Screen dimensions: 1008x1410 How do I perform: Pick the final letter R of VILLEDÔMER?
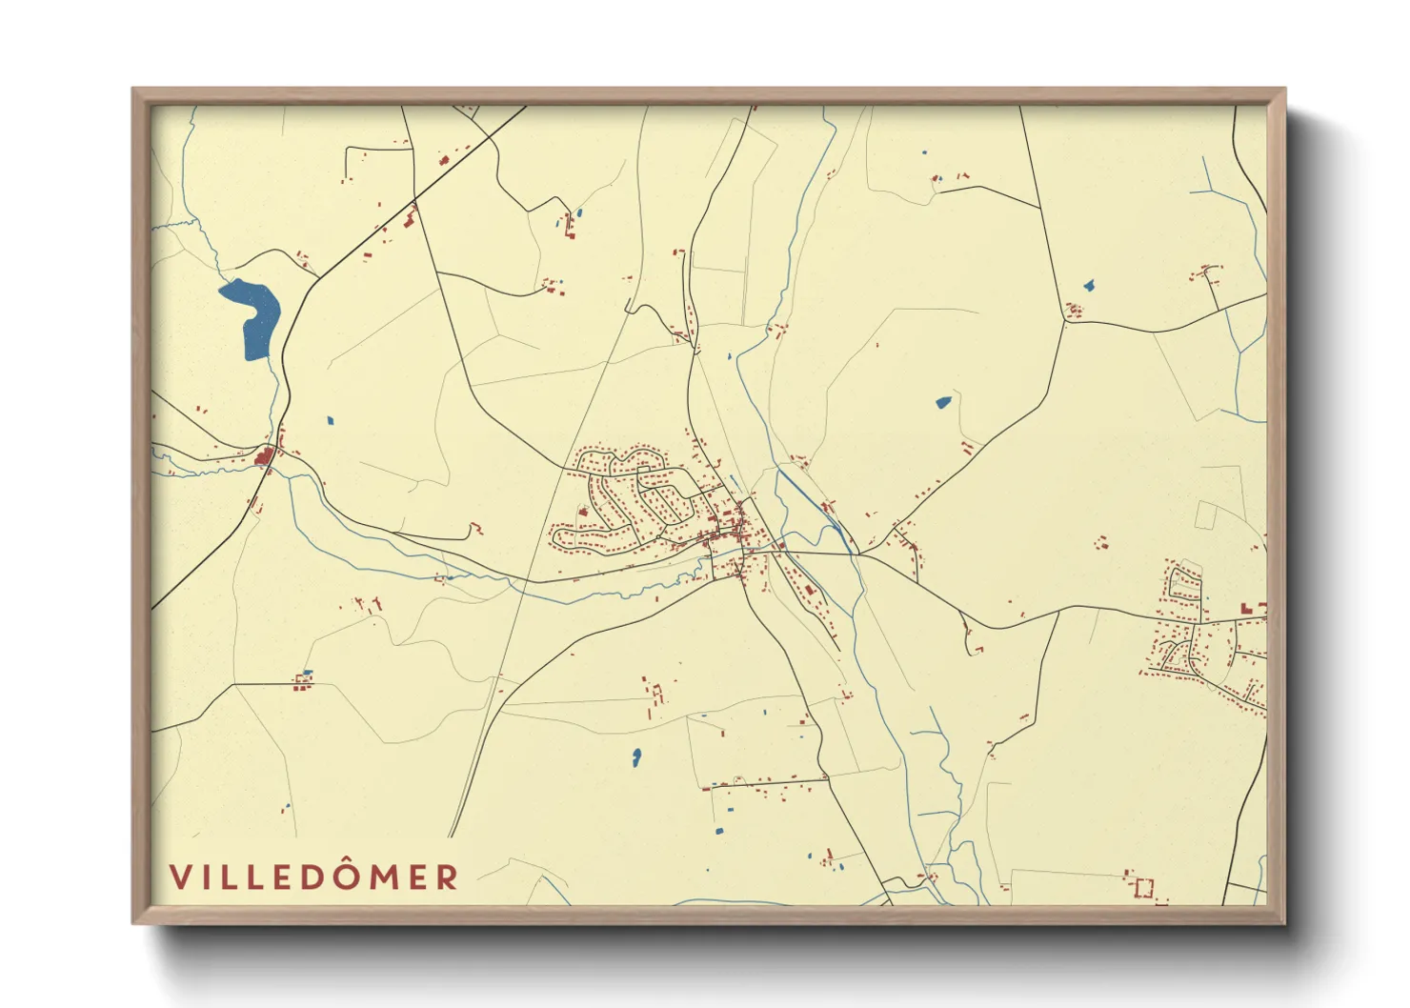[x=447, y=877]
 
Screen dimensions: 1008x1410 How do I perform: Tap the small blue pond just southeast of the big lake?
[x=330, y=419]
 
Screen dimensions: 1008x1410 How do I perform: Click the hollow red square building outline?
[x=1144, y=888]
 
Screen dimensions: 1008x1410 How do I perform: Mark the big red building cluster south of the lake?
[x=264, y=459]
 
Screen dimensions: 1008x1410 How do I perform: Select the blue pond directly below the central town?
[x=636, y=757]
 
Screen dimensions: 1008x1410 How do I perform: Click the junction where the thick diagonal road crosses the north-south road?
[x=414, y=203]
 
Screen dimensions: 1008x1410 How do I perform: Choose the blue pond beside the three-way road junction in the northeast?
[x=1088, y=285]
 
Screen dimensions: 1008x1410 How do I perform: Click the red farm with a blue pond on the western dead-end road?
[x=303, y=679]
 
